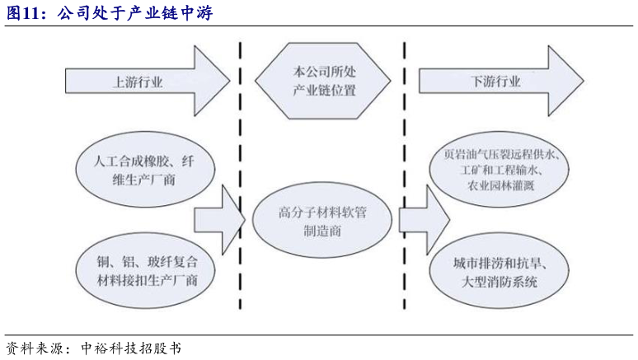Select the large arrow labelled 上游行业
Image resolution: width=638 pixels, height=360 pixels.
coord(140,82)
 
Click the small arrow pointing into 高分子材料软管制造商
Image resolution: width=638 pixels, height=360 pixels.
coord(219,219)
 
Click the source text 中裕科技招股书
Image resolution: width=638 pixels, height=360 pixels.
coord(132,348)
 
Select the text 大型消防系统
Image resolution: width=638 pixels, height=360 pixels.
coord(500,281)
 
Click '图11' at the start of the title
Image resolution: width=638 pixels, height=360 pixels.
coord(24,13)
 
